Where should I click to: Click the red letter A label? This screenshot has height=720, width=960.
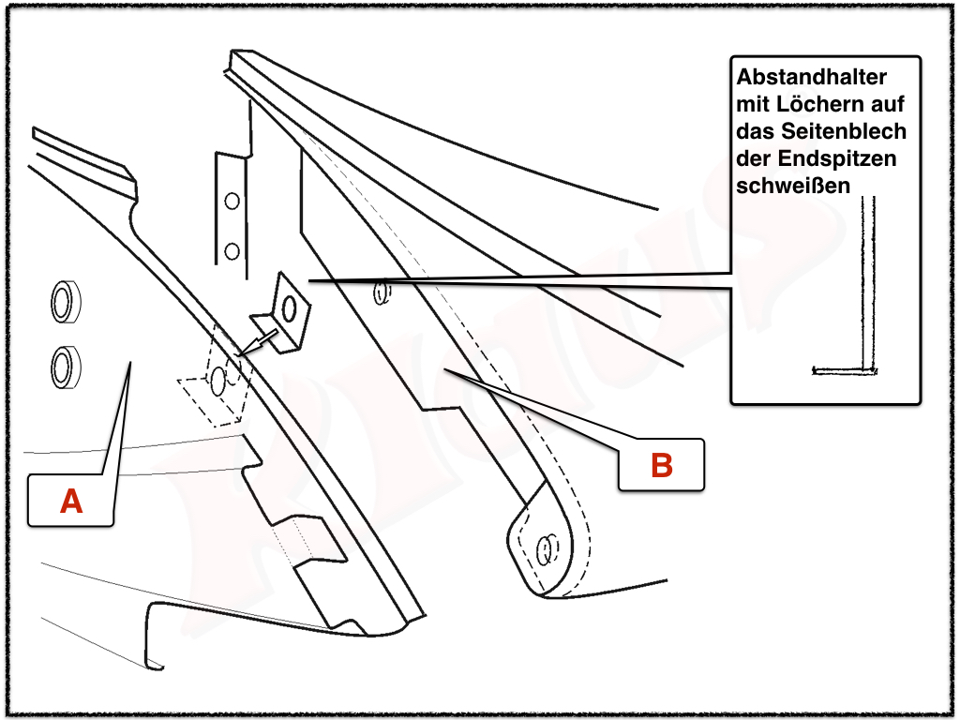[71, 502]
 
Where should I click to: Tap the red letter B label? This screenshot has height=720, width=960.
[662, 464]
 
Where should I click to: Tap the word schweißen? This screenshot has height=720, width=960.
[793, 185]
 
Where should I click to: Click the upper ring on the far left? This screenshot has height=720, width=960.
[64, 302]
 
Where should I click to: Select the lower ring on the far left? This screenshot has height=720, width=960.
[64, 366]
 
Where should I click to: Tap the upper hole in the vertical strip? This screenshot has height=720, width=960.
[232, 201]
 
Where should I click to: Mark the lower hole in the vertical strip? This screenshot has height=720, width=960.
[232, 250]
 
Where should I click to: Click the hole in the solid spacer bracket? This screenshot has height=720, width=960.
[291, 308]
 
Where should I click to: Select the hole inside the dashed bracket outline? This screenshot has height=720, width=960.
[218, 379]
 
